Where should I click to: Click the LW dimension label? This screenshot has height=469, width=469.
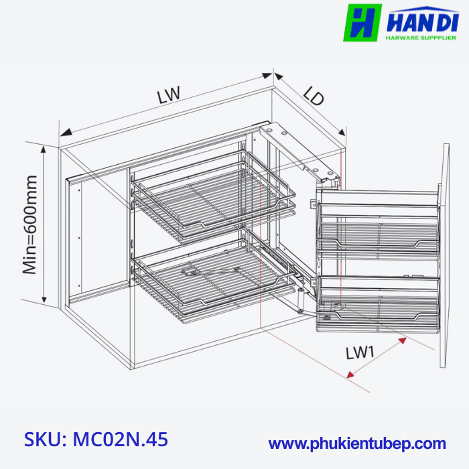[169, 94]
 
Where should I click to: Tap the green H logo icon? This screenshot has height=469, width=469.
[362, 23]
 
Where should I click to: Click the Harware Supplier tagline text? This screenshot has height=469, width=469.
[421, 38]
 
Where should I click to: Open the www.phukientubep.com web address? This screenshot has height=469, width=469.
[357, 444]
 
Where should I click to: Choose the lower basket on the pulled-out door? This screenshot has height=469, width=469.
[379, 301]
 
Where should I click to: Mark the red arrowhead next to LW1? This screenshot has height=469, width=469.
[403, 341]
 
